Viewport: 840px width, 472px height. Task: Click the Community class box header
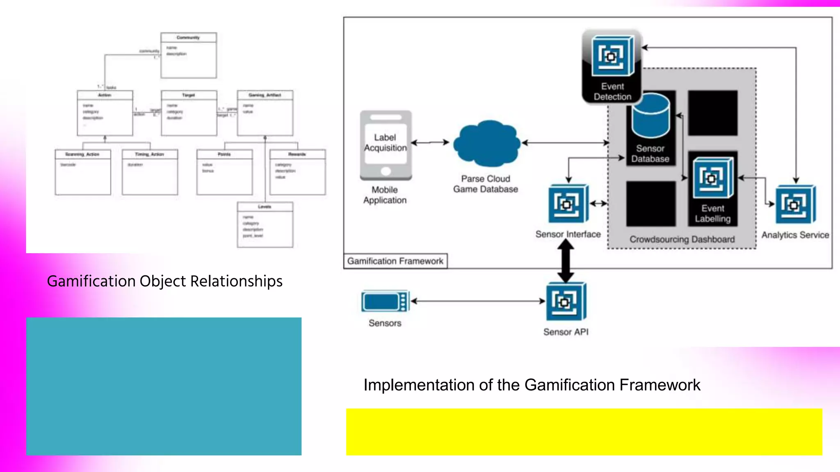pyautogui.click(x=188, y=37)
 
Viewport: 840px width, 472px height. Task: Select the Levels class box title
pyautogui.click(x=265, y=207)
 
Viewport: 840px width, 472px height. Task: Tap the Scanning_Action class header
pyautogui.click(x=82, y=154)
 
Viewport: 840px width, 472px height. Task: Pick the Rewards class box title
pyautogui.click(x=297, y=154)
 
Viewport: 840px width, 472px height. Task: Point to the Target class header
pyautogui.click(x=189, y=95)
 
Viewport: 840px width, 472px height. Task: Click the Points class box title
pyautogui.click(x=224, y=154)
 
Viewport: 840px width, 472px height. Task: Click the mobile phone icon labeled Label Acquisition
pyautogui.click(x=386, y=145)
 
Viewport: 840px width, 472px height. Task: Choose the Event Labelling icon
pyautogui.click(x=713, y=179)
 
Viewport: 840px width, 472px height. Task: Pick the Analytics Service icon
pyautogui.click(x=795, y=204)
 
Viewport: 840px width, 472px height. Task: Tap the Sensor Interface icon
pyautogui.click(x=568, y=204)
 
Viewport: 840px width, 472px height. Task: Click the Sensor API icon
pyautogui.click(x=566, y=302)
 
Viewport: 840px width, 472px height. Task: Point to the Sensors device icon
pyautogui.click(x=385, y=301)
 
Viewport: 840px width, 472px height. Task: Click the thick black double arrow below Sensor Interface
pyautogui.click(x=566, y=261)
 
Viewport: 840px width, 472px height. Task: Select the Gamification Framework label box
pyautogui.click(x=395, y=261)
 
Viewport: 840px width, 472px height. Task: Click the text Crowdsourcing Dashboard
pyautogui.click(x=682, y=239)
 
